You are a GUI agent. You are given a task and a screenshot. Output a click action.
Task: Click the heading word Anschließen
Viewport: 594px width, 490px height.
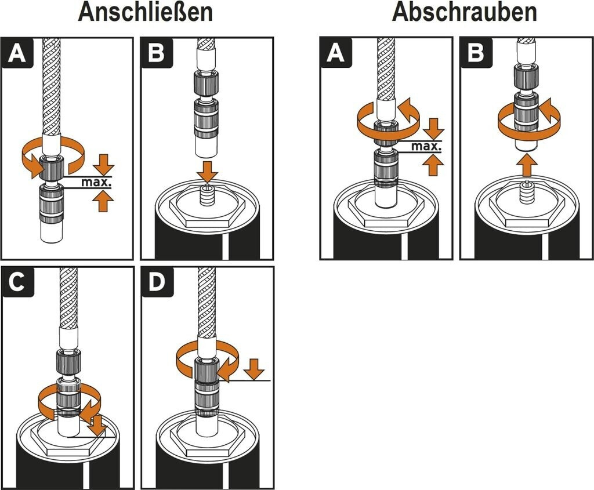pyautogui.click(x=145, y=13)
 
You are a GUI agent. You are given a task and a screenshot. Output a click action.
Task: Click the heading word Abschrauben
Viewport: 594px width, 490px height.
pyautogui.click(x=464, y=13)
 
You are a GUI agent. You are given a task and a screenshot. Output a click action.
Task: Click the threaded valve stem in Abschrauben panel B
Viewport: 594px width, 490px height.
pyautogui.click(x=526, y=191)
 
